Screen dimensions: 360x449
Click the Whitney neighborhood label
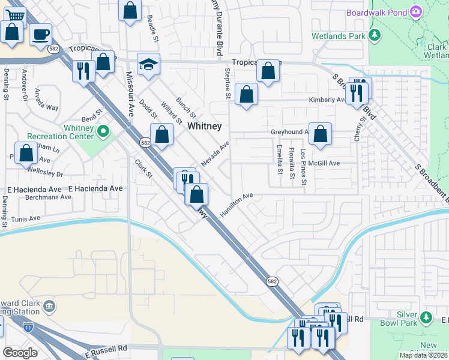pyautogui.click(x=205, y=126)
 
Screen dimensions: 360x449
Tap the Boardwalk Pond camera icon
pyautogui.click(x=416, y=11)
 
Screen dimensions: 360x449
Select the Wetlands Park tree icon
pyautogui.click(x=375, y=35)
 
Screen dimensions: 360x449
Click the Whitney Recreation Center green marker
pyautogui.click(x=103, y=130)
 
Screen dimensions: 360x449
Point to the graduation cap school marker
pyautogui.click(x=148, y=64)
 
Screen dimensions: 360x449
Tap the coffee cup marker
pyautogui.click(x=41, y=34)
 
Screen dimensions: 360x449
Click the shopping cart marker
pyautogui.click(x=16, y=14)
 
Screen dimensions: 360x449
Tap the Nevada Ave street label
pyautogui.click(x=215, y=154)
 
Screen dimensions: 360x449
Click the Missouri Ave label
pyautogui.click(x=128, y=93)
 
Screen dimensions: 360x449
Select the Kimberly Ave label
pyautogui.click(x=327, y=100)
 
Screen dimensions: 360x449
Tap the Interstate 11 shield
pyautogui.click(x=28, y=328)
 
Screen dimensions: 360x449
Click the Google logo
pyautogui.click(x=20, y=353)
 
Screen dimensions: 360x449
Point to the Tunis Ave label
pyautogui.click(x=25, y=219)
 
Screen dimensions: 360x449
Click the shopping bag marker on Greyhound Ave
pyautogui.click(x=321, y=134)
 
